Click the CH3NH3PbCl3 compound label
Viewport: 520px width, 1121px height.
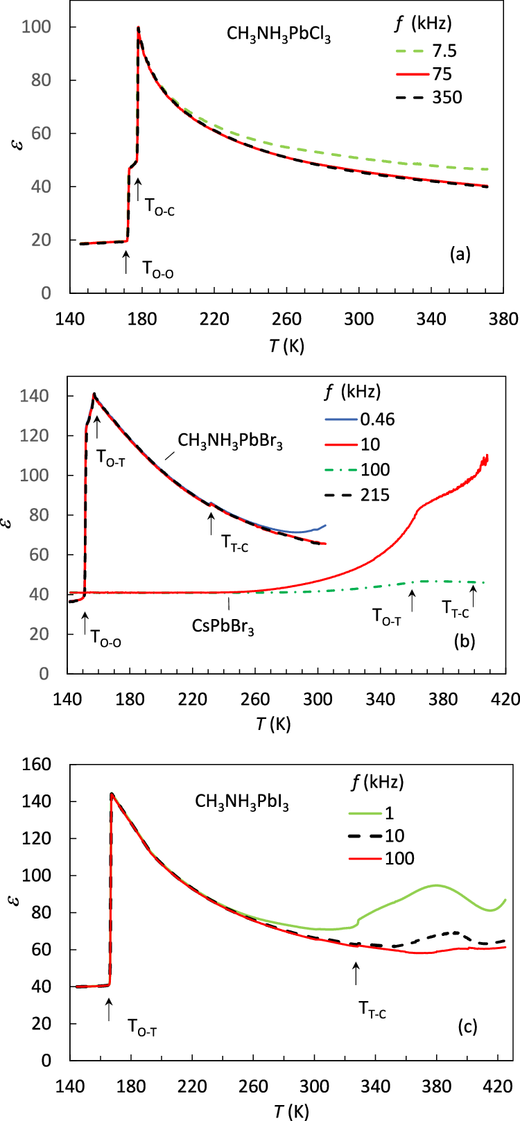279,35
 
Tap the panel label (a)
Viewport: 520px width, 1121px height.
460,254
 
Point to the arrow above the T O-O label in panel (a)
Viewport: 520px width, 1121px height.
125,262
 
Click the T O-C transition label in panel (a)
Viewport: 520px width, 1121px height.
159,206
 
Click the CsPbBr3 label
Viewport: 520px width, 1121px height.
223,627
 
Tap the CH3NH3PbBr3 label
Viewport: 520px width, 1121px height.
230,442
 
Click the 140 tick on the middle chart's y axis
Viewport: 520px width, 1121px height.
39,396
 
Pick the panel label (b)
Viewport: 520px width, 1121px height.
464,642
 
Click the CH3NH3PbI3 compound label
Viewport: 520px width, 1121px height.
241,803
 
